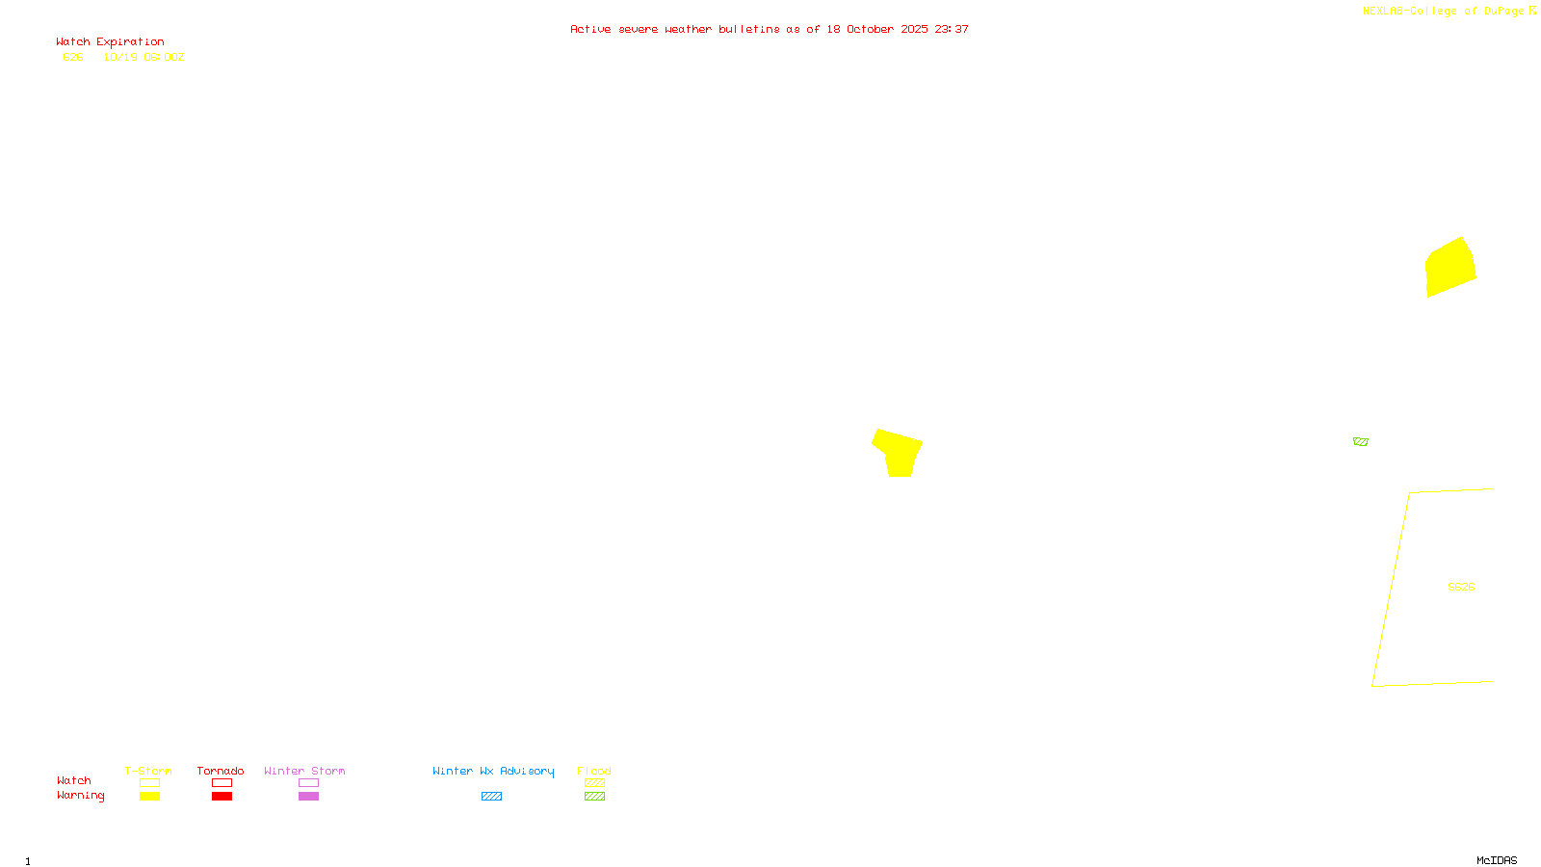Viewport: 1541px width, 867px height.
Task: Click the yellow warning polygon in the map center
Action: tap(899, 453)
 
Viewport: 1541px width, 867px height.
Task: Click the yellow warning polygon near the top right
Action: tap(1450, 267)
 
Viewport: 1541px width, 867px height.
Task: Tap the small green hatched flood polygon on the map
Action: tap(1360, 441)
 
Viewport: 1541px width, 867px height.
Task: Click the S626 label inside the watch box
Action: tap(1461, 587)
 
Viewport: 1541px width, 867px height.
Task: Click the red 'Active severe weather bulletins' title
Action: tap(769, 30)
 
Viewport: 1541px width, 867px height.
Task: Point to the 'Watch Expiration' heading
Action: tap(110, 42)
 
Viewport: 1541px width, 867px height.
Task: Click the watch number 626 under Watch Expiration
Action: tap(73, 58)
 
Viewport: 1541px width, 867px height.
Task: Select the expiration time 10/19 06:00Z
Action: tap(144, 58)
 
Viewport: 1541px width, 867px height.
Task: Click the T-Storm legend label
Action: tap(148, 771)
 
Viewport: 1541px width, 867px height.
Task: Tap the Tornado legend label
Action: tap(221, 771)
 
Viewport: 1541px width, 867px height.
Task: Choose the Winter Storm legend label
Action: tap(304, 771)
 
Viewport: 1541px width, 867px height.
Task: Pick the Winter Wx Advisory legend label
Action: tap(493, 771)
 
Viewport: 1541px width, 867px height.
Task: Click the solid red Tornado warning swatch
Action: tap(222, 797)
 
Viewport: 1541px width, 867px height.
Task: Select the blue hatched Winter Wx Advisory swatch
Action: tap(491, 797)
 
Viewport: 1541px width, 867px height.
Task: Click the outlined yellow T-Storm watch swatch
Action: tap(149, 783)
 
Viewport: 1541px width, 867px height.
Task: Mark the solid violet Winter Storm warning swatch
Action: tap(308, 797)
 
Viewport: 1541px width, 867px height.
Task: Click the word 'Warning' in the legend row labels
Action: tap(80, 796)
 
